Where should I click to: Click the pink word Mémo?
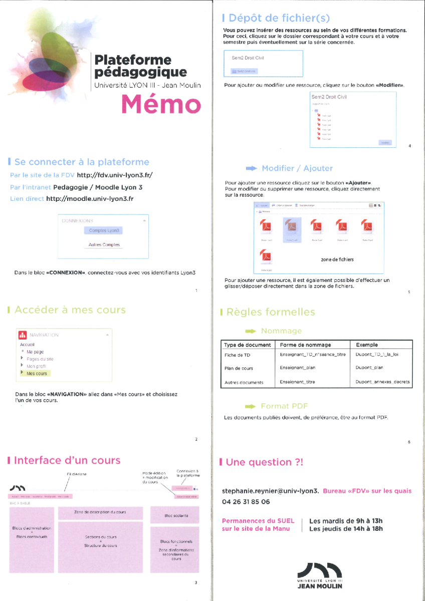click(x=161, y=104)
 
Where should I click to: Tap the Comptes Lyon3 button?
click(x=104, y=230)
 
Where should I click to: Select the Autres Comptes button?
click(x=104, y=245)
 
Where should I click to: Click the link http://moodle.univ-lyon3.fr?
click(x=90, y=199)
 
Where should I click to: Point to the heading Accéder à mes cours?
click(x=70, y=310)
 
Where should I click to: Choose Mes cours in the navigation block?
click(x=37, y=374)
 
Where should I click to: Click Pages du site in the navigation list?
click(x=40, y=359)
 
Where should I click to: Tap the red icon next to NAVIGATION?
click(x=22, y=335)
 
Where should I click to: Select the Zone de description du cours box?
click(x=100, y=512)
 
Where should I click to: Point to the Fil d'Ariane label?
click(x=77, y=474)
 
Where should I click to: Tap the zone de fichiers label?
click(x=337, y=259)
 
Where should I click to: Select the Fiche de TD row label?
click(x=237, y=355)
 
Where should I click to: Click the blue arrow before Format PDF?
click(x=251, y=406)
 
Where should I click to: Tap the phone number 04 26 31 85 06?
click(x=246, y=502)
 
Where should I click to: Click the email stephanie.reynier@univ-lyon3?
click(x=270, y=491)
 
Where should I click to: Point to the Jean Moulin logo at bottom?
click(x=319, y=575)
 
